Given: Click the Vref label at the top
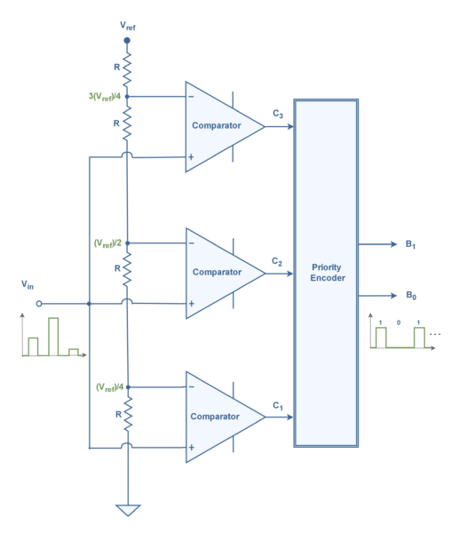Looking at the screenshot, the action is click(x=128, y=26).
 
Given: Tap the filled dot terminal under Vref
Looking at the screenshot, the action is click(x=127, y=41).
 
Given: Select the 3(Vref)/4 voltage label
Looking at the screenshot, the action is click(x=105, y=97).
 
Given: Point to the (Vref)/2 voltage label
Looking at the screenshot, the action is click(x=107, y=243).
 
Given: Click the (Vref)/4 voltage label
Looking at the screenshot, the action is click(x=109, y=387).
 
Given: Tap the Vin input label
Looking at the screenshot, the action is click(x=28, y=284).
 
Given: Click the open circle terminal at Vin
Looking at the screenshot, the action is click(x=39, y=304).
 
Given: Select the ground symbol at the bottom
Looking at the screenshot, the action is click(x=128, y=510).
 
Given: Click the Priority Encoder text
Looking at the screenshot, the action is click(x=328, y=273).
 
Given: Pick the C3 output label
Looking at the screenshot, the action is click(x=278, y=114).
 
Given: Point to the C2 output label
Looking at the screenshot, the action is click(x=277, y=261).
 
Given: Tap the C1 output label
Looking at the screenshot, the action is click(x=278, y=406).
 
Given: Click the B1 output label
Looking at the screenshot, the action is click(x=410, y=244).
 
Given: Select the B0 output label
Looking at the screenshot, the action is click(x=411, y=295).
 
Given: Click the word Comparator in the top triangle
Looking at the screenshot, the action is click(x=217, y=125).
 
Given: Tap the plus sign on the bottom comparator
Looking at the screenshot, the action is click(x=192, y=448).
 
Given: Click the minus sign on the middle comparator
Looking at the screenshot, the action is click(x=192, y=243).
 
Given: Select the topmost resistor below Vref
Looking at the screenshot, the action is click(x=127, y=69).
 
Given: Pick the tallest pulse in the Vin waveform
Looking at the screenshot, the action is click(x=53, y=337).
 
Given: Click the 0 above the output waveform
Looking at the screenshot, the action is click(x=399, y=322).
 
